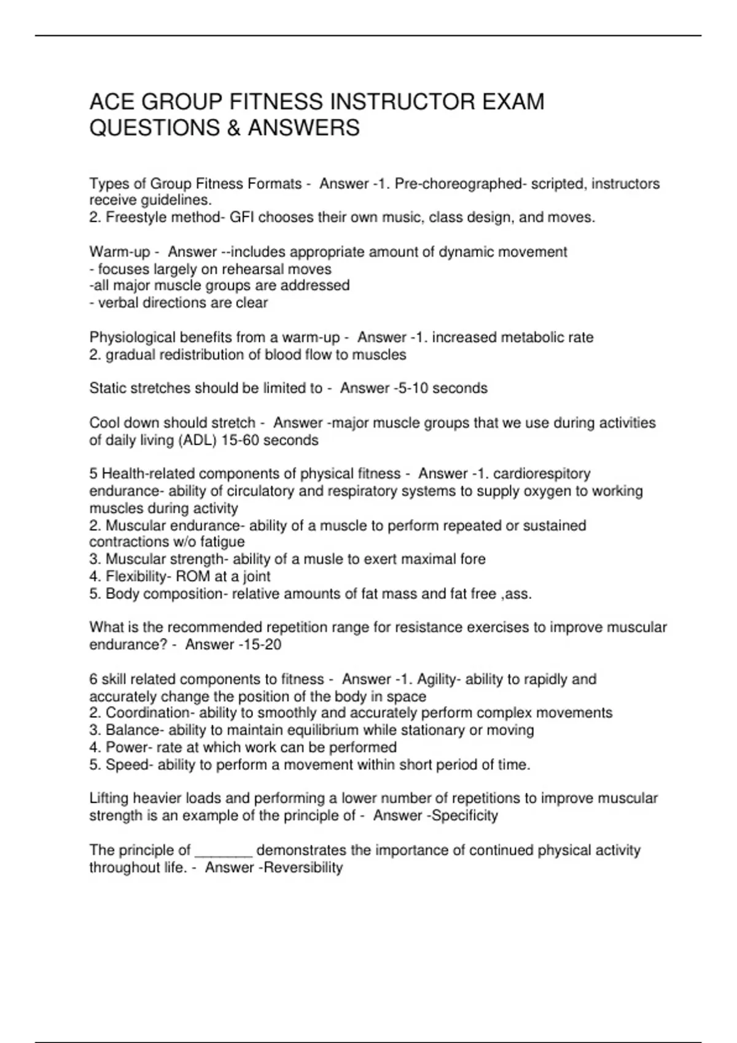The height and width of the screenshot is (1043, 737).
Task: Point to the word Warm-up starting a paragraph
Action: (120, 252)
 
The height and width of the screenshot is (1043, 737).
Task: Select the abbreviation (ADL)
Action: (197, 441)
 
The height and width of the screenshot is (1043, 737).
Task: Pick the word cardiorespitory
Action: (542, 474)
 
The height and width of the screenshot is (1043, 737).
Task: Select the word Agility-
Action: (437, 679)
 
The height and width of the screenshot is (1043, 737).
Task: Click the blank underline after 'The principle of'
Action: (223, 851)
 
